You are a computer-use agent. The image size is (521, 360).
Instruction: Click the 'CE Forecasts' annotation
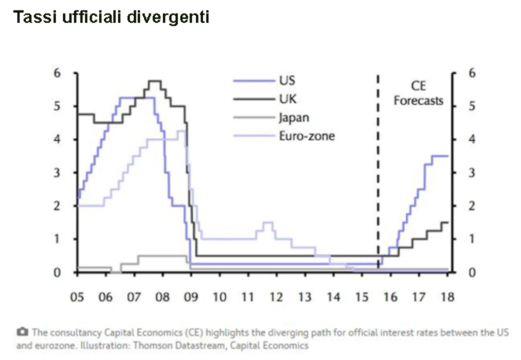(x=418, y=93)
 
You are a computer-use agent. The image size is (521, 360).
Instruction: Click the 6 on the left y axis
(x=57, y=73)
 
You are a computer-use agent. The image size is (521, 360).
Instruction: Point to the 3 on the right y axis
(x=471, y=173)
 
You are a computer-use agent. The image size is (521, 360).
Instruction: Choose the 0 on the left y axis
(x=57, y=273)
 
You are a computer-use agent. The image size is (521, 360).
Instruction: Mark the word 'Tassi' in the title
(x=35, y=17)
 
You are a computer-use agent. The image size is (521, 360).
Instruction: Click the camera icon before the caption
(x=21, y=331)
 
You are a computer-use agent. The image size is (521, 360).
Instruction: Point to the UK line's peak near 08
(x=154, y=81)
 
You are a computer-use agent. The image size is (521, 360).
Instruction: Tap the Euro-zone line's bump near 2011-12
(x=268, y=223)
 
